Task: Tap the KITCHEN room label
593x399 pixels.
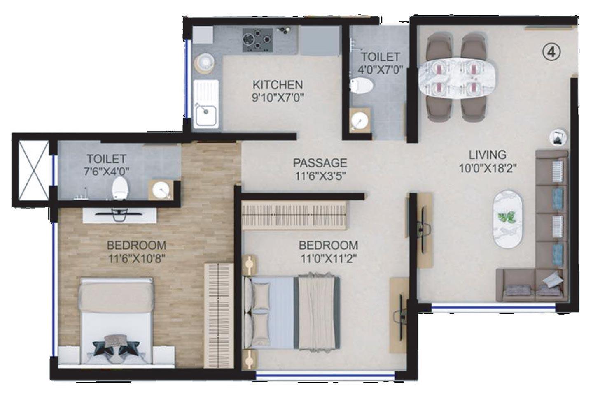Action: [x=278, y=85]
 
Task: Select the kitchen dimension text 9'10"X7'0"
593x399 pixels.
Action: [x=278, y=98]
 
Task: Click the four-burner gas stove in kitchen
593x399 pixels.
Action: [x=258, y=39]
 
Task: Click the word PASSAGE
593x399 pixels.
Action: [x=320, y=163]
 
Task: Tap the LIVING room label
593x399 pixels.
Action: [x=487, y=155]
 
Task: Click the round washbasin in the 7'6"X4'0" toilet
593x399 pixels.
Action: [x=161, y=190]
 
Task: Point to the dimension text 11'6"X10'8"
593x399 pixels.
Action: [x=137, y=258]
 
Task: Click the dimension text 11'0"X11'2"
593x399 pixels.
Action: [x=328, y=258]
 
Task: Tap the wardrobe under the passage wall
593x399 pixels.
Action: [x=294, y=215]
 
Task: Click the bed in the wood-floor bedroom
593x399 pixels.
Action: [x=117, y=321]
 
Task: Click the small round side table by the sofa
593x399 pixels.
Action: [x=558, y=137]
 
